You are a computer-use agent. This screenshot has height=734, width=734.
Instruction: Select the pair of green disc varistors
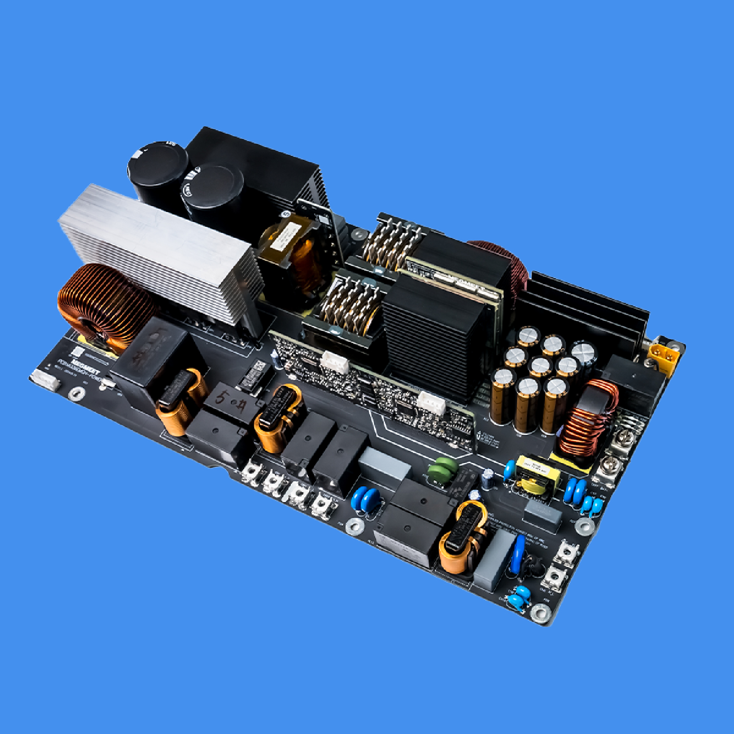tap(442, 468)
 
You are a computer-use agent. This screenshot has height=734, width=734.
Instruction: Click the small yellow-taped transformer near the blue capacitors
tap(538, 476)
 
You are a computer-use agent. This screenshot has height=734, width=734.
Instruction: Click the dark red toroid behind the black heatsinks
tap(500, 262)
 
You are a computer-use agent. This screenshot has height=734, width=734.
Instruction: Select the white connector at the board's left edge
tap(46, 380)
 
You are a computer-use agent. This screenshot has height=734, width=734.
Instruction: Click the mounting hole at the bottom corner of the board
tap(540, 613)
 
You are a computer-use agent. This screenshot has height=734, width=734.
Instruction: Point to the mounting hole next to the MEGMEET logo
tap(76, 393)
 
